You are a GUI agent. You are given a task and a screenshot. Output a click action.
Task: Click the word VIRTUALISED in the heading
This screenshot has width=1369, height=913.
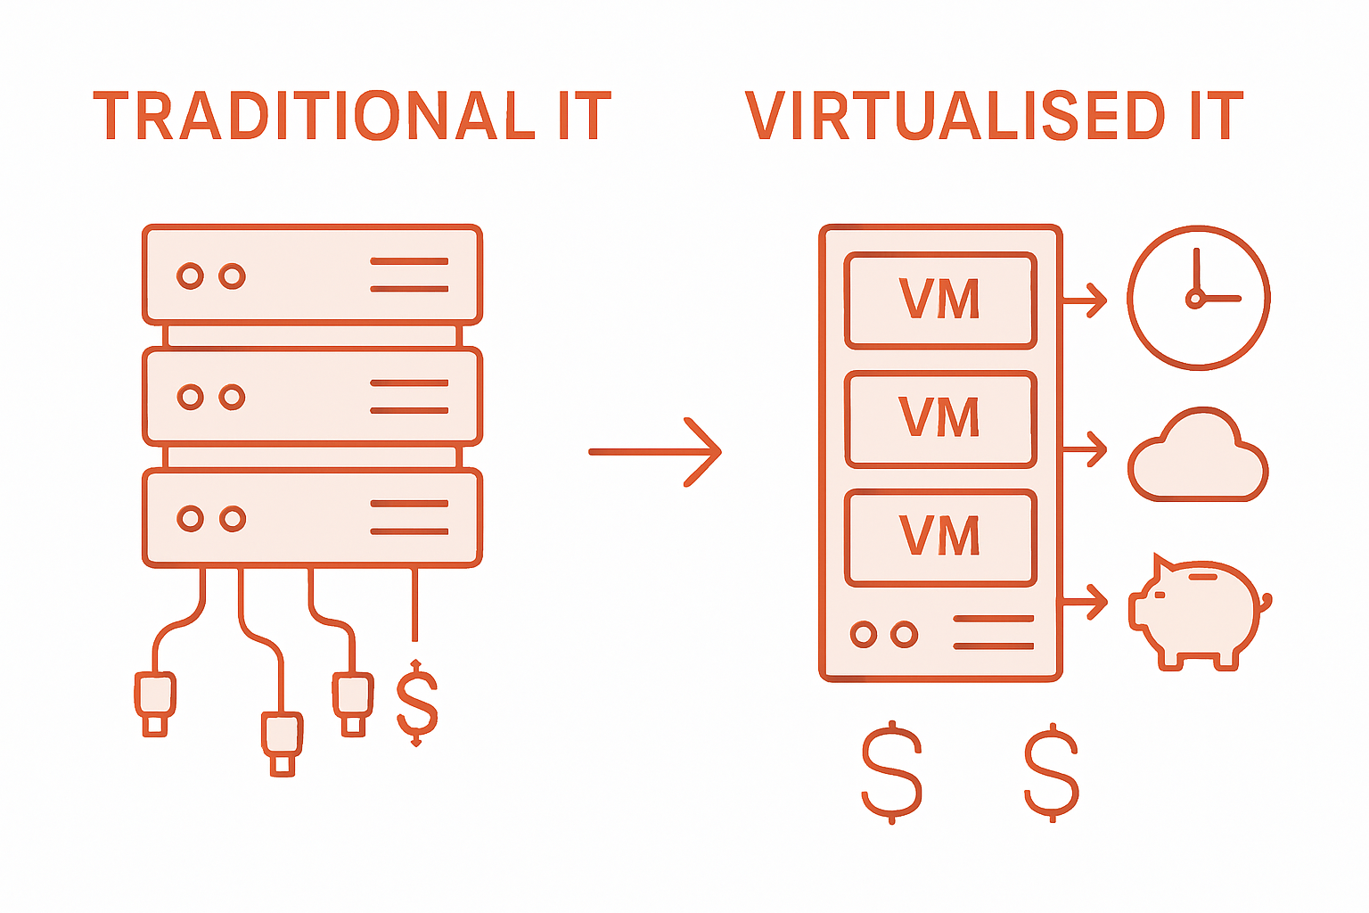click(x=955, y=117)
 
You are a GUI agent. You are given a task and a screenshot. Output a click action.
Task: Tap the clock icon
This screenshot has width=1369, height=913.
click(x=1198, y=297)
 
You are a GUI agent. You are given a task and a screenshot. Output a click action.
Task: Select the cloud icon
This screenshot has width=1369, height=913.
click(x=1198, y=457)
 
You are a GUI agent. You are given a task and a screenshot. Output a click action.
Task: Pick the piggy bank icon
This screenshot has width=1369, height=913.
click(x=1198, y=613)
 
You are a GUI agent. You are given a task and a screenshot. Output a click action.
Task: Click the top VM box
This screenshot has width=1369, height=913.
click(x=940, y=300)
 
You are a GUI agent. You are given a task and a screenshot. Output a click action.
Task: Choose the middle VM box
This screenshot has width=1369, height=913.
click(x=940, y=419)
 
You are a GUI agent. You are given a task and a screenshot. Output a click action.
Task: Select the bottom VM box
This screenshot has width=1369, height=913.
click(x=940, y=538)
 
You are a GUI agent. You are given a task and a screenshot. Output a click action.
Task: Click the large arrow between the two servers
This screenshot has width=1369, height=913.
click(x=655, y=452)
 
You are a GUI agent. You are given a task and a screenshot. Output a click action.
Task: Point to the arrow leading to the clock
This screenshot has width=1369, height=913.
click(x=1085, y=299)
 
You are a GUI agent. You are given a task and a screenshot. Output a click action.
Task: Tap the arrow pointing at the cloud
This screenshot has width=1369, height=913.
click(x=1085, y=448)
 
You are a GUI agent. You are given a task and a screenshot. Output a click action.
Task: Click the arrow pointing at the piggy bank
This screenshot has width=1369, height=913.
click(x=1085, y=602)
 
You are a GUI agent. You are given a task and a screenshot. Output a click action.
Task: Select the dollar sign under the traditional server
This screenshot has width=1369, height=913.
click(x=416, y=703)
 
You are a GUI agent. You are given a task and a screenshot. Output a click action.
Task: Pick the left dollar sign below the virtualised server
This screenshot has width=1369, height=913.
click(x=891, y=772)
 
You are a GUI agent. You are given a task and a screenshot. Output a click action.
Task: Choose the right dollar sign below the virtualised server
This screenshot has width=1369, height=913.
click(x=1052, y=772)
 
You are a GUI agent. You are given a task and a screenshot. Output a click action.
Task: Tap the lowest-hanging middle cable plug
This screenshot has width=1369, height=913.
click(x=282, y=742)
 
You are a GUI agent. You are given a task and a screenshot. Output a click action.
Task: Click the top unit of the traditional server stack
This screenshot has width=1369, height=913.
click(x=312, y=275)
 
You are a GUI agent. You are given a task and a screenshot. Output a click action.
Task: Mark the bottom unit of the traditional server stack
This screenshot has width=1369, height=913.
click(x=312, y=518)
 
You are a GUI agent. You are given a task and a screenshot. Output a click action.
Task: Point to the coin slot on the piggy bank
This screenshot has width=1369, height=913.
click(x=1202, y=577)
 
